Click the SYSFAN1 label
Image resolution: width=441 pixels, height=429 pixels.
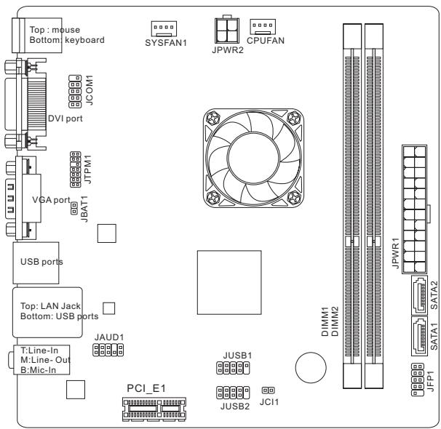click(x=167, y=42)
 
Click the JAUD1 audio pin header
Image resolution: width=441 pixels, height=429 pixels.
click(x=108, y=351)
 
